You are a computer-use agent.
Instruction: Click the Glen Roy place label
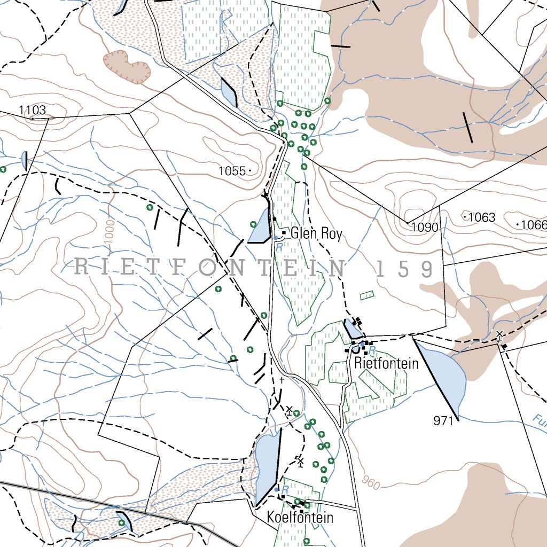click(316, 233)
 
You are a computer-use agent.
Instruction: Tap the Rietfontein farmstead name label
click(386, 364)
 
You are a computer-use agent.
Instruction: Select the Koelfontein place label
click(300, 518)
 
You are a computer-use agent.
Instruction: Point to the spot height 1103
click(32, 111)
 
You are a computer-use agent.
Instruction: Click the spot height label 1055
click(232, 171)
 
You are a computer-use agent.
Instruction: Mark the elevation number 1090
click(425, 228)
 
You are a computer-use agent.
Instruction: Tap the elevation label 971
click(443, 421)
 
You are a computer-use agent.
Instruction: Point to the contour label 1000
click(110, 235)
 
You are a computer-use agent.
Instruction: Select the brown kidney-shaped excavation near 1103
click(126, 67)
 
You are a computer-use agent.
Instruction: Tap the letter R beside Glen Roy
click(278, 247)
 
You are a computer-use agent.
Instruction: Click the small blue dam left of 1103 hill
click(24, 160)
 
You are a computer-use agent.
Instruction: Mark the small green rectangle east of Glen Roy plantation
click(367, 295)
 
